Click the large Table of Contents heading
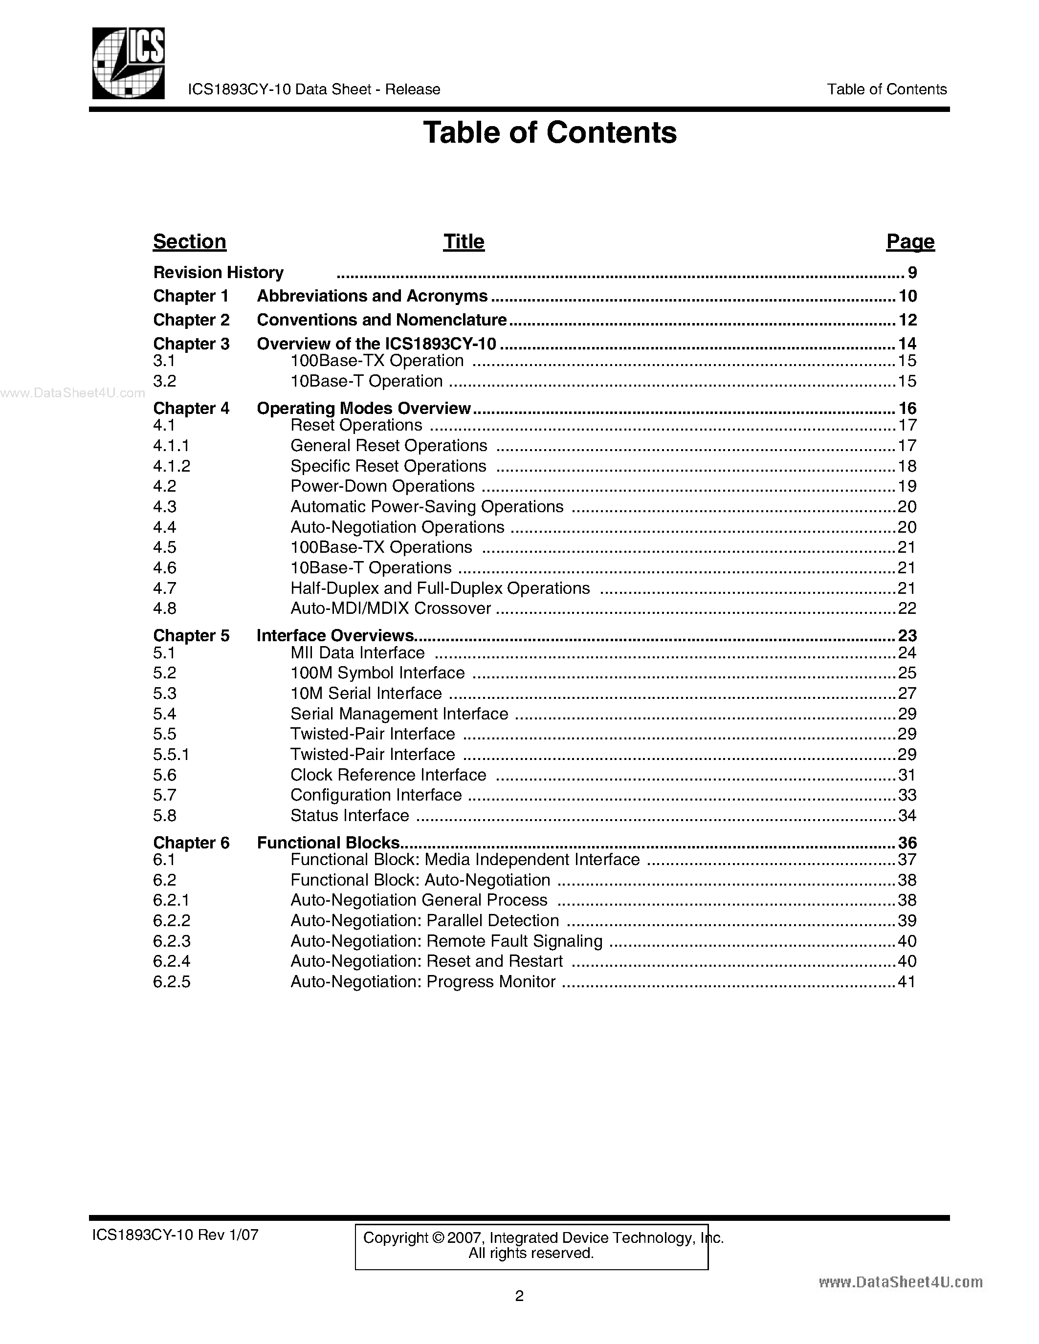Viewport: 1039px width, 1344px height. click(x=550, y=132)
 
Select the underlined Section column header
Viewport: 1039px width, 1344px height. click(x=190, y=241)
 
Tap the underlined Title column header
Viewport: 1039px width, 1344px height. click(x=464, y=241)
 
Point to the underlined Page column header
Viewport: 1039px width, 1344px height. click(x=910, y=241)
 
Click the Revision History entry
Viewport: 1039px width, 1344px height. click(x=219, y=272)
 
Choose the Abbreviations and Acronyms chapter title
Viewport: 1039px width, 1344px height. click(x=372, y=296)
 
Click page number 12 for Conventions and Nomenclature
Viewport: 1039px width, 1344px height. click(x=907, y=320)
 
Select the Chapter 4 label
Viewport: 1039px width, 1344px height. click(x=191, y=408)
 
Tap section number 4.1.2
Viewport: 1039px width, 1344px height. click(x=172, y=466)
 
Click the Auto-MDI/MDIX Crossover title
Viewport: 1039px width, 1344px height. click(x=391, y=608)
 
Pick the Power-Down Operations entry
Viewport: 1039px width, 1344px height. click(x=382, y=486)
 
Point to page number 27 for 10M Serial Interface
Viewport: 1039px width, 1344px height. click(x=907, y=694)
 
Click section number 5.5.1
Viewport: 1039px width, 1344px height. click(x=171, y=755)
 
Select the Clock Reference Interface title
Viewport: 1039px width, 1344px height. click(x=388, y=775)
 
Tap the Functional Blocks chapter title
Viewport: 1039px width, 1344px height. click(x=328, y=843)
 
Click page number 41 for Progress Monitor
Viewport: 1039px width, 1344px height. click(x=907, y=981)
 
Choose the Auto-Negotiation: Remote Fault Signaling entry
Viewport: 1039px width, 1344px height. click(x=446, y=941)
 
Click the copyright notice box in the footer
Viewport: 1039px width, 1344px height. click(x=531, y=1247)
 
